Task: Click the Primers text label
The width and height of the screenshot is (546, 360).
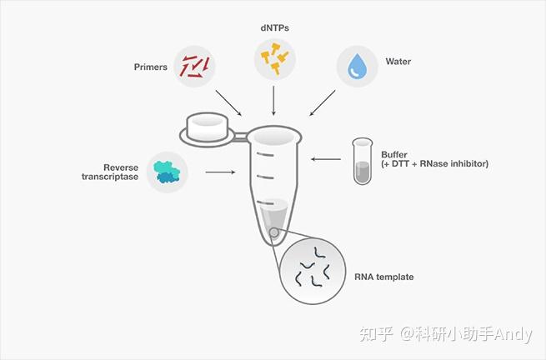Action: [x=150, y=67]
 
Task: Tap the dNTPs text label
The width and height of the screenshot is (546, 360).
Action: [x=275, y=27]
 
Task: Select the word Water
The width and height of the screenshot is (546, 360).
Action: [x=399, y=62]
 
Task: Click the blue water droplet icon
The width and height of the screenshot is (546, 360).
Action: [x=358, y=67]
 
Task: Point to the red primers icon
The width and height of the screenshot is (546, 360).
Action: [x=195, y=67]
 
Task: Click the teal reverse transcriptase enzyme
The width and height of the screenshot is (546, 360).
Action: [x=166, y=172]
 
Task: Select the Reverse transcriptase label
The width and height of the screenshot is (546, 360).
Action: [x=109, y=172]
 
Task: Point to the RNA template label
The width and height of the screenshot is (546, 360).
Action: [x=384, y=277]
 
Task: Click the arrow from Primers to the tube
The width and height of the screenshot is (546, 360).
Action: [x=228, y=102]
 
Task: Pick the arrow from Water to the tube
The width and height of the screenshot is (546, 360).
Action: [x=323, y=103]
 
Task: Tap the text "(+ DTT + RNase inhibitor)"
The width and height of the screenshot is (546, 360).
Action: [x=434, y=165]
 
